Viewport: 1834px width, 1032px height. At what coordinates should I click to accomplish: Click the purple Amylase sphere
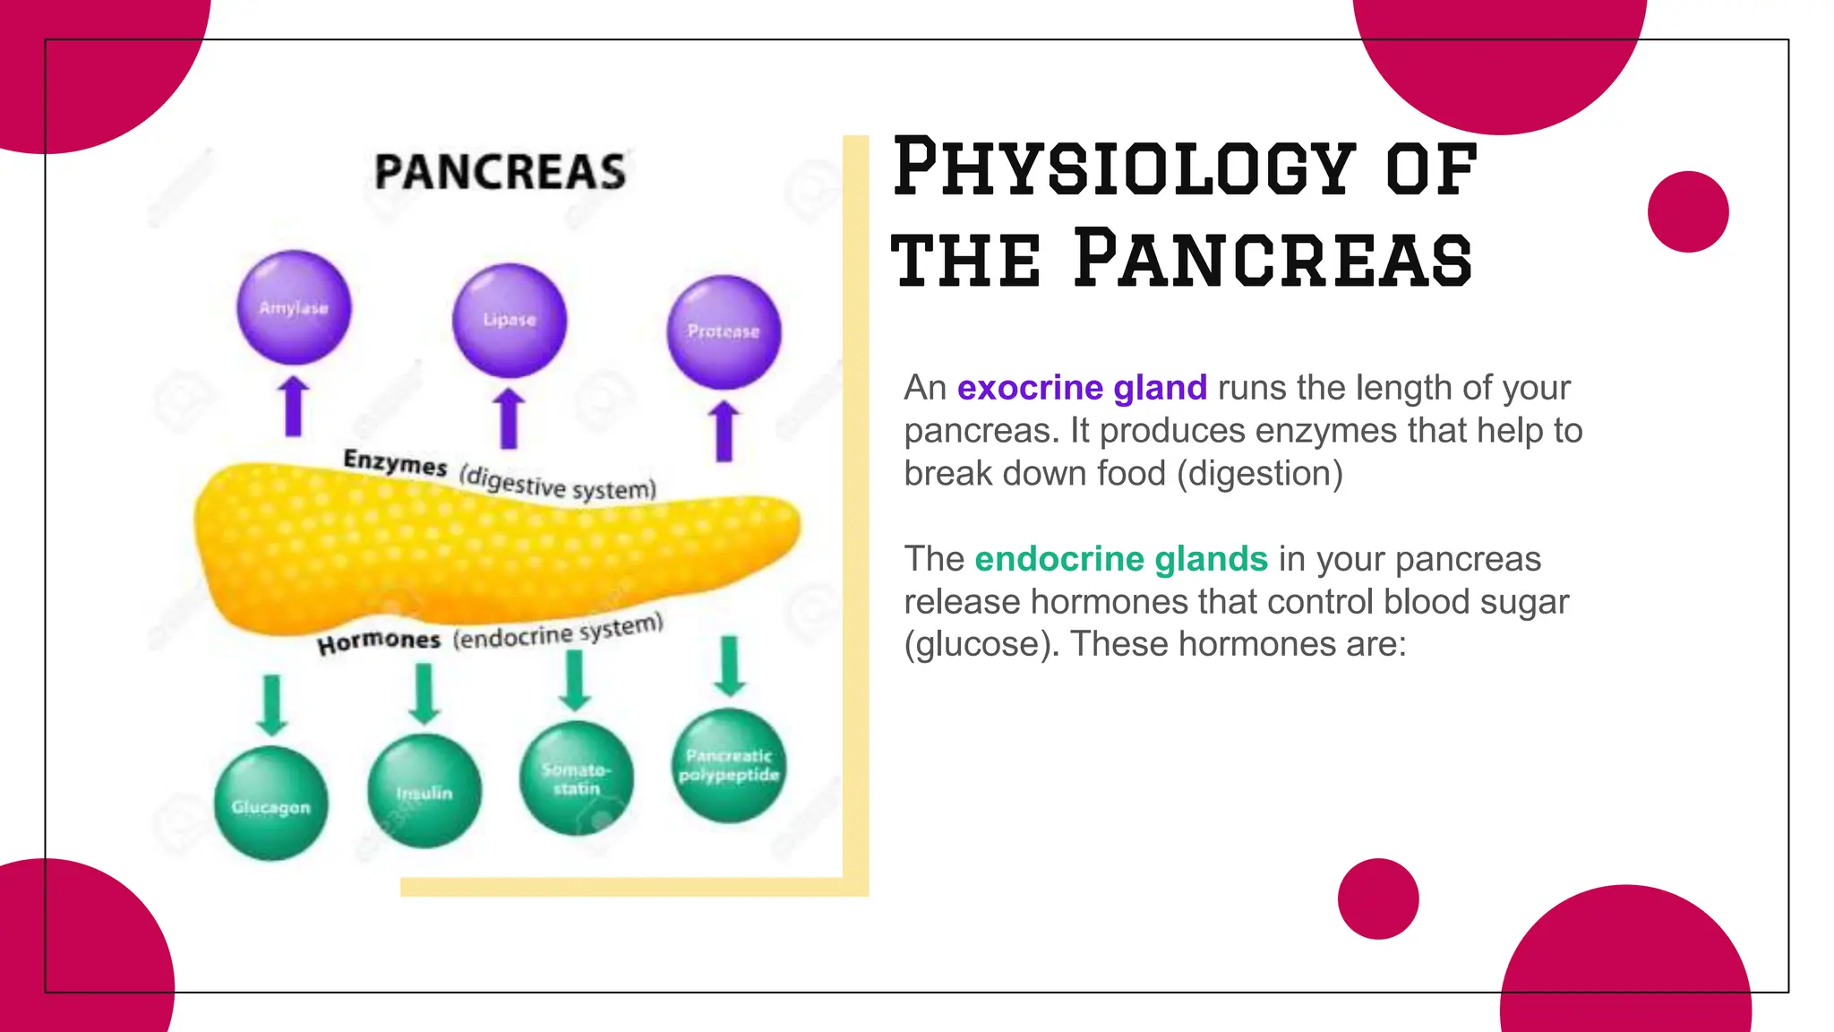(x=294, y=307)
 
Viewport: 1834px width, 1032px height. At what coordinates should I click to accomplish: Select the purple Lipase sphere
(x=510, y=320)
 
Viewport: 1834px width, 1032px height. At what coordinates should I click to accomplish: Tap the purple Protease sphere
(x=724, y=331)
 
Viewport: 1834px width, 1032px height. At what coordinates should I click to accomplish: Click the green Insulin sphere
(x=424, y=791)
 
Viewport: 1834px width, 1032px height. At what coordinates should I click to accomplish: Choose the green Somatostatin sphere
(x=576, y=778)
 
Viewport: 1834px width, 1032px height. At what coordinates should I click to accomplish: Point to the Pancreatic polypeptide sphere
(x=729, y=765)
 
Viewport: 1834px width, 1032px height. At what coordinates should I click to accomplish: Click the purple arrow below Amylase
(x=293, y=407)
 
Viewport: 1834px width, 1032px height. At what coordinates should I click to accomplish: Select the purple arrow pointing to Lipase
(x=509, y=418)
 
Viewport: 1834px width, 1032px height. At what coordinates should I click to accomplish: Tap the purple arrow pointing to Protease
(x=724, y=431)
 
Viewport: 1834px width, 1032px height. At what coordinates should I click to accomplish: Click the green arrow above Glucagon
(x=271, y=705)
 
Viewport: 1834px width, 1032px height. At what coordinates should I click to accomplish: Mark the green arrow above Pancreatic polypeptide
(x=730, y=666)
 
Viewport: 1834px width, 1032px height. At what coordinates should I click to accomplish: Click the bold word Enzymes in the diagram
(x=395, y=462)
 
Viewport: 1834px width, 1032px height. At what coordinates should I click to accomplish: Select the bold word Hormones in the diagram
(x=379, y=641)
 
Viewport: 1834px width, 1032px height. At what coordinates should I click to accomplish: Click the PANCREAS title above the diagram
(x=500, y=172)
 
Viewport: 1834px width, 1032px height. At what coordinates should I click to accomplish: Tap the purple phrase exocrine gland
(x=1082, y=388)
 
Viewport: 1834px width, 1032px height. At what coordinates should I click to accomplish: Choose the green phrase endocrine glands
(x=1121, y=559)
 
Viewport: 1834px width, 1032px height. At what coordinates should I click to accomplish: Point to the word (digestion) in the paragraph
(x=1259, y=474)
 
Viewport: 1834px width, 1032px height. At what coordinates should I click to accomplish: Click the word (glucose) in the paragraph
(x=981, y=644)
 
